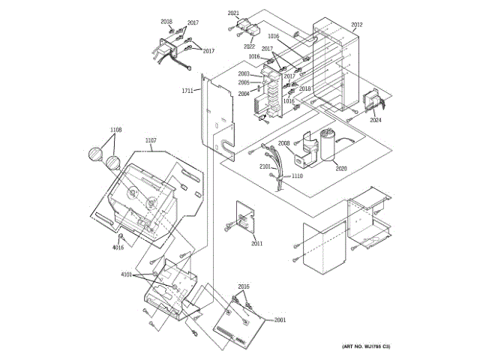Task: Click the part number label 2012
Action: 356,25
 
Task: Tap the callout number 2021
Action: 233,13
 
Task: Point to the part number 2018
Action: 166,22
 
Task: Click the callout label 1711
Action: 187,91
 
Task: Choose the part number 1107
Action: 151,140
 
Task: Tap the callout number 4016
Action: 118,247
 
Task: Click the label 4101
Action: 126,274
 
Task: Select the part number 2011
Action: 257,244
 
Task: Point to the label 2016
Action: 244,287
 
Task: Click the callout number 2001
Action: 280,320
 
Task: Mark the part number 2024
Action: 375,120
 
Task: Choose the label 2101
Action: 265,166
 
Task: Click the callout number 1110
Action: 297,175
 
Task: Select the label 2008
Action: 284,142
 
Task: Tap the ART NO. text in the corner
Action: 366,346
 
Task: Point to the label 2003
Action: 244,73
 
